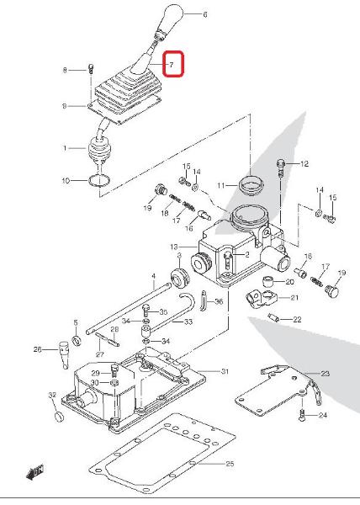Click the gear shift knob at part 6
[172, 19]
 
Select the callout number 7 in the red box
[172, 65]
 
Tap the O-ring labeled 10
[99, 180]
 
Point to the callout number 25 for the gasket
[230, 464]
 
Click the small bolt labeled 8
[91, 69]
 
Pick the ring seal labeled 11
[251, 184]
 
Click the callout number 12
[304, 164]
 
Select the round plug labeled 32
[59, 416]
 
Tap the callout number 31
[225, 371]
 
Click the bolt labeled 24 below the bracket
[301, 416]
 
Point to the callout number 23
[325, 374]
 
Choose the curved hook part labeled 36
[204, 300]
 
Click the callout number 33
[188, 322]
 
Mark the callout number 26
[38, 349]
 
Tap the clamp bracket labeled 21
[262, 299]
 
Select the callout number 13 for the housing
[174, 247]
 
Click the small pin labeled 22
[273, 317]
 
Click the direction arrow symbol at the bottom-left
[34, 472]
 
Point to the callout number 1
[66, 148]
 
